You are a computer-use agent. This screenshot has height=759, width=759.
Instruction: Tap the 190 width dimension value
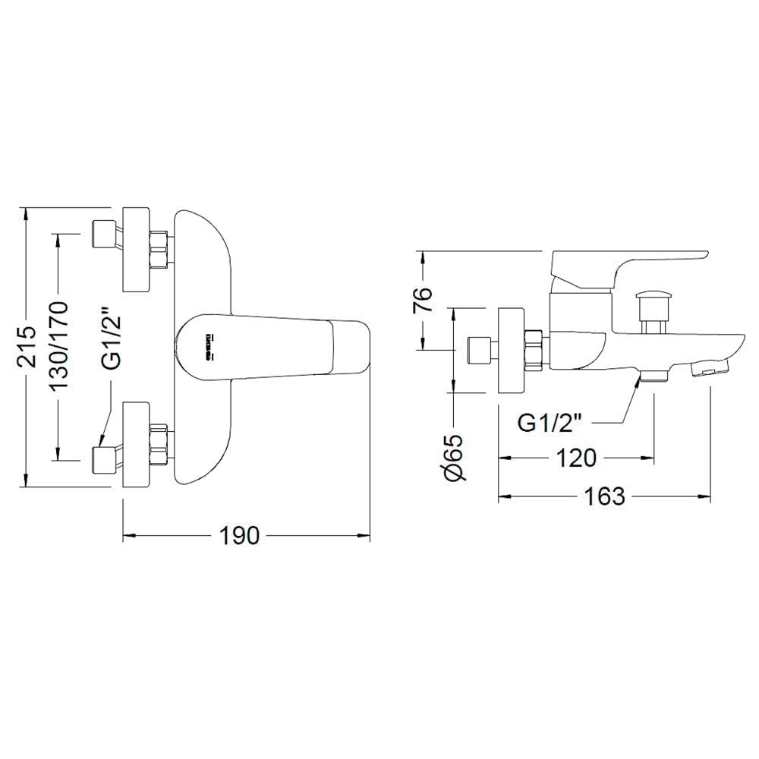click(x=240, y=536)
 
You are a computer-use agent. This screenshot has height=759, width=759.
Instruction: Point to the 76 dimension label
click(x=424, y=300)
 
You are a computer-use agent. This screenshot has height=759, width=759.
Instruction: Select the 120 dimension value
click(x=575, y=458)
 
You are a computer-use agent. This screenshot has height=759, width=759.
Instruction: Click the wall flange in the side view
click(x=512, y=350)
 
